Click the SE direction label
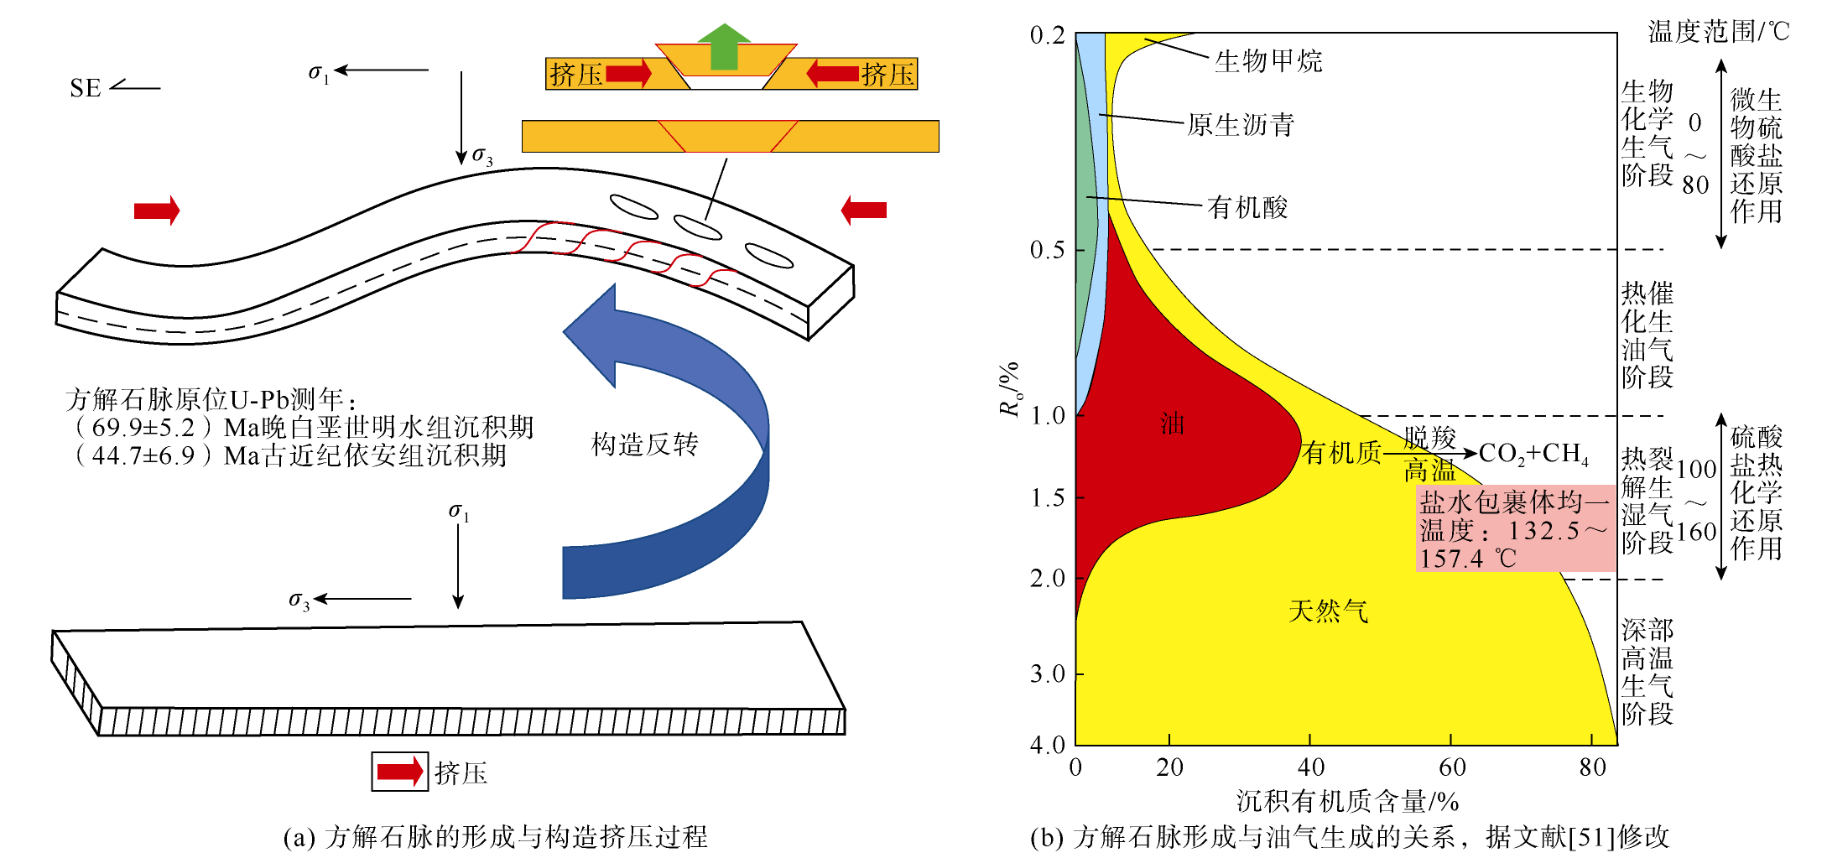tap(86, 88)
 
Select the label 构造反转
tap(644, 444)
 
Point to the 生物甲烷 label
tap(1268, 61)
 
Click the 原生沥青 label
tap(1241, 125)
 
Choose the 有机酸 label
tap(1247, 207)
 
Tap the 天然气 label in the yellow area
tap(1328, 611)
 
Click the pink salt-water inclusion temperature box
tap(1515, 528)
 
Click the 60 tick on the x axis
tap(1452, 767)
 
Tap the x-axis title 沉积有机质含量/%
tap(1347, 802)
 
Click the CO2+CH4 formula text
tap(1533, 454)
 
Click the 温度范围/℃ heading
tap(1719, 31)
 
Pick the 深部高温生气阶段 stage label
tap(1647, 672)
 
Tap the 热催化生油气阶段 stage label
tap(1647, 335)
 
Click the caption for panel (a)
tap(496, 836)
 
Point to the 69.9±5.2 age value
tap(143, 428)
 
